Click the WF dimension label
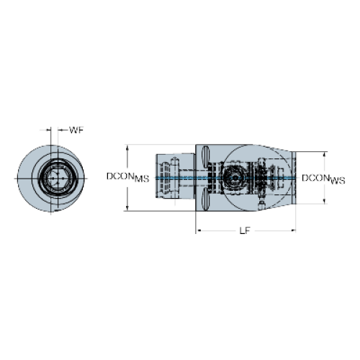[76, 130]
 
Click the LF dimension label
[245, 230]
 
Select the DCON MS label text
[127, 177]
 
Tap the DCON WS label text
[323, 179]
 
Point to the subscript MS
[142, 179]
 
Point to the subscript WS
[338, 181]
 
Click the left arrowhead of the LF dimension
[198, 230]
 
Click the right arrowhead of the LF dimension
[293, 230]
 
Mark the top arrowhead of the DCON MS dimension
[127, 148]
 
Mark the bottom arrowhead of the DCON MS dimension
[127, 208]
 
